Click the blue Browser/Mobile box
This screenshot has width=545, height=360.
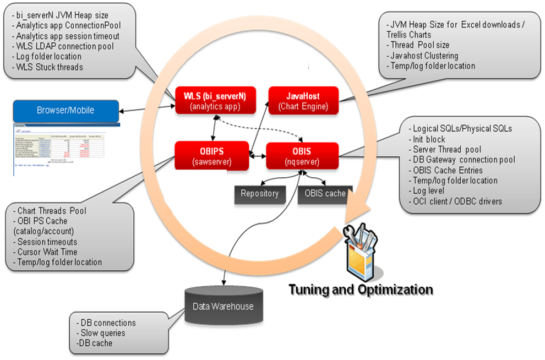point(66,110)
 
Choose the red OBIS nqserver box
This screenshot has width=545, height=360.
point(302,156)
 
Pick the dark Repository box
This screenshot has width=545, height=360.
point(260,194)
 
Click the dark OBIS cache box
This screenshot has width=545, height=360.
point(325,194)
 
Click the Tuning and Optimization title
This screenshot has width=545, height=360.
point(361,290)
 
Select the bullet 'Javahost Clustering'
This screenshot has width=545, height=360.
point(423,55)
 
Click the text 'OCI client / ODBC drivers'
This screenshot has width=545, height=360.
point(457,201)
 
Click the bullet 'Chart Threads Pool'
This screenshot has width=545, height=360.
point(52,211)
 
